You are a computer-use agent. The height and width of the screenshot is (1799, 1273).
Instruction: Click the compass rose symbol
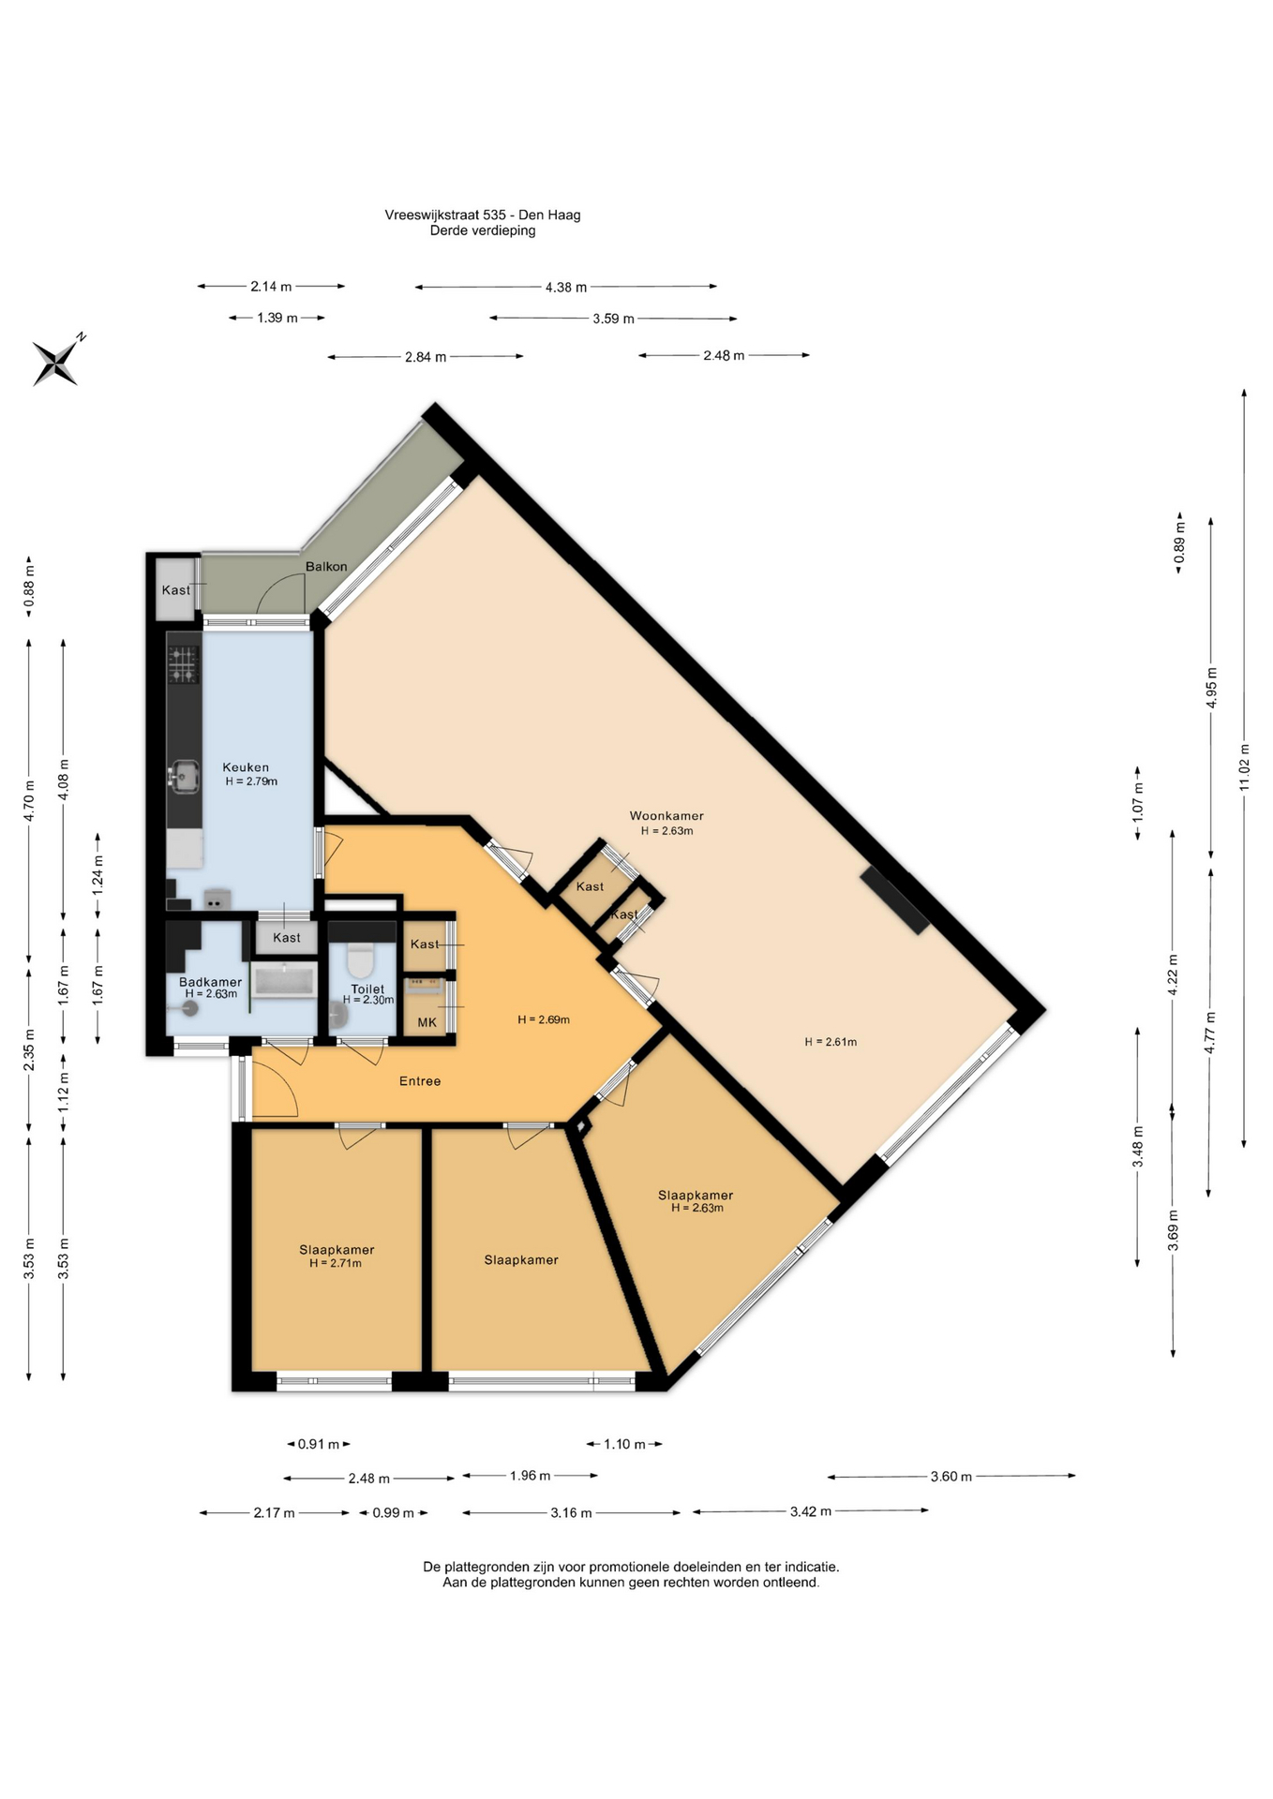click(57, 361)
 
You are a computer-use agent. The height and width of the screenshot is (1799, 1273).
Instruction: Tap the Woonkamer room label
click(666, 815)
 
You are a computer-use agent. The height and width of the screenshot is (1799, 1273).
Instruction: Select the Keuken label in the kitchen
click(246, 766)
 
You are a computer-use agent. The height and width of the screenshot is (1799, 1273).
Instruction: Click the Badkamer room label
click(210, 982)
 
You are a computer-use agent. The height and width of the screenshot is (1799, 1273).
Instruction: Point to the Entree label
click(420, 1080)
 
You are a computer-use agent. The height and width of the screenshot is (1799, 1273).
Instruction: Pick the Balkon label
click(326, 566)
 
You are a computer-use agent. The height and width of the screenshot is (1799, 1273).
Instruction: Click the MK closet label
click(427, 1022)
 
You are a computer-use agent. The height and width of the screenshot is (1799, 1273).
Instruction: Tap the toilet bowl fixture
click(361, 961)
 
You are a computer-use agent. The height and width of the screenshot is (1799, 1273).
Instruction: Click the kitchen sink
click(185, 775)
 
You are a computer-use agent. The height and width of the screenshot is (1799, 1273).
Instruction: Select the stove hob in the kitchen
click(184, 664)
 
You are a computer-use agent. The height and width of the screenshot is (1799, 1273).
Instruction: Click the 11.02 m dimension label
click(1244, 766)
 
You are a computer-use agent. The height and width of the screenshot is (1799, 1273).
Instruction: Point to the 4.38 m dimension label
click(566, 287)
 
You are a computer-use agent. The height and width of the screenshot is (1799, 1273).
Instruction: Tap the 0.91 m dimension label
click(319, 1444)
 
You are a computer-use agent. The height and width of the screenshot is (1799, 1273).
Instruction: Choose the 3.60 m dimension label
click(951, 1477)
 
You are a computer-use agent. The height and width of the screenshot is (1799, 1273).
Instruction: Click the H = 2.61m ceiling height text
click(831, 1041)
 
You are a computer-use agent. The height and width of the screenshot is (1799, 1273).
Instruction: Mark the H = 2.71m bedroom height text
click(336, 1263)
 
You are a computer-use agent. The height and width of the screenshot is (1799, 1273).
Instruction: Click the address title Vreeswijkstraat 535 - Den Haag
click(483, 215)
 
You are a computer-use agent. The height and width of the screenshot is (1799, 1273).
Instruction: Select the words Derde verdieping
click(483, 230)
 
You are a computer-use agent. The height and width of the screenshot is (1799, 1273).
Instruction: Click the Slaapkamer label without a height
click(521, 1259)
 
